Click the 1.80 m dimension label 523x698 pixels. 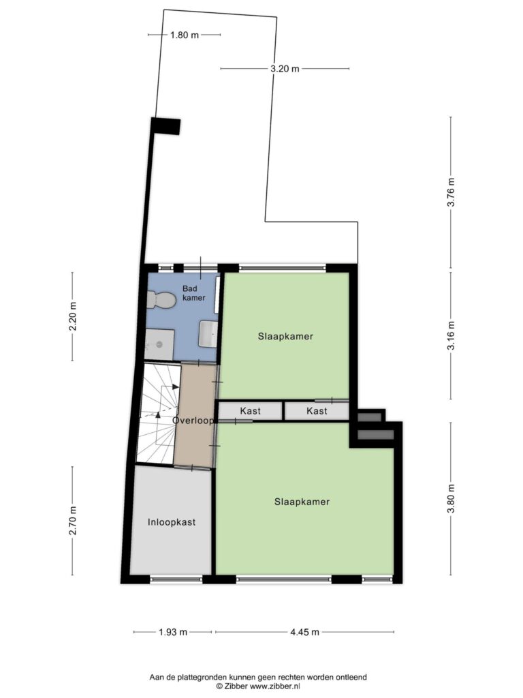point(184,35)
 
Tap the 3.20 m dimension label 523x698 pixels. point(285,69)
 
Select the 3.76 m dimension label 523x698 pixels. point(451,192)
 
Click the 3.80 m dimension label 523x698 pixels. point(451,498)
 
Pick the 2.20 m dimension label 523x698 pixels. point(72,316)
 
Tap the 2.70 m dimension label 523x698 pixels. point(72,521)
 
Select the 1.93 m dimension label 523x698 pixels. point(173,632)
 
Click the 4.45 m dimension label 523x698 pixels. point(304,632)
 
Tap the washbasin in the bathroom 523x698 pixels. point(208,334)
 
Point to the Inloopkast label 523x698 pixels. point(172,522)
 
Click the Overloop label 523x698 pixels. point(193,420)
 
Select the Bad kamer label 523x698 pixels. point(194,293)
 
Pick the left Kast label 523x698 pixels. point(251,411)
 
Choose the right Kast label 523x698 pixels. point(317,411)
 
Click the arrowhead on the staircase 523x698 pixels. point(158,415)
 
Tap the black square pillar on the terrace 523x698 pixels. point(165,126)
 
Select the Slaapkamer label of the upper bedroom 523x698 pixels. point(285,337)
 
